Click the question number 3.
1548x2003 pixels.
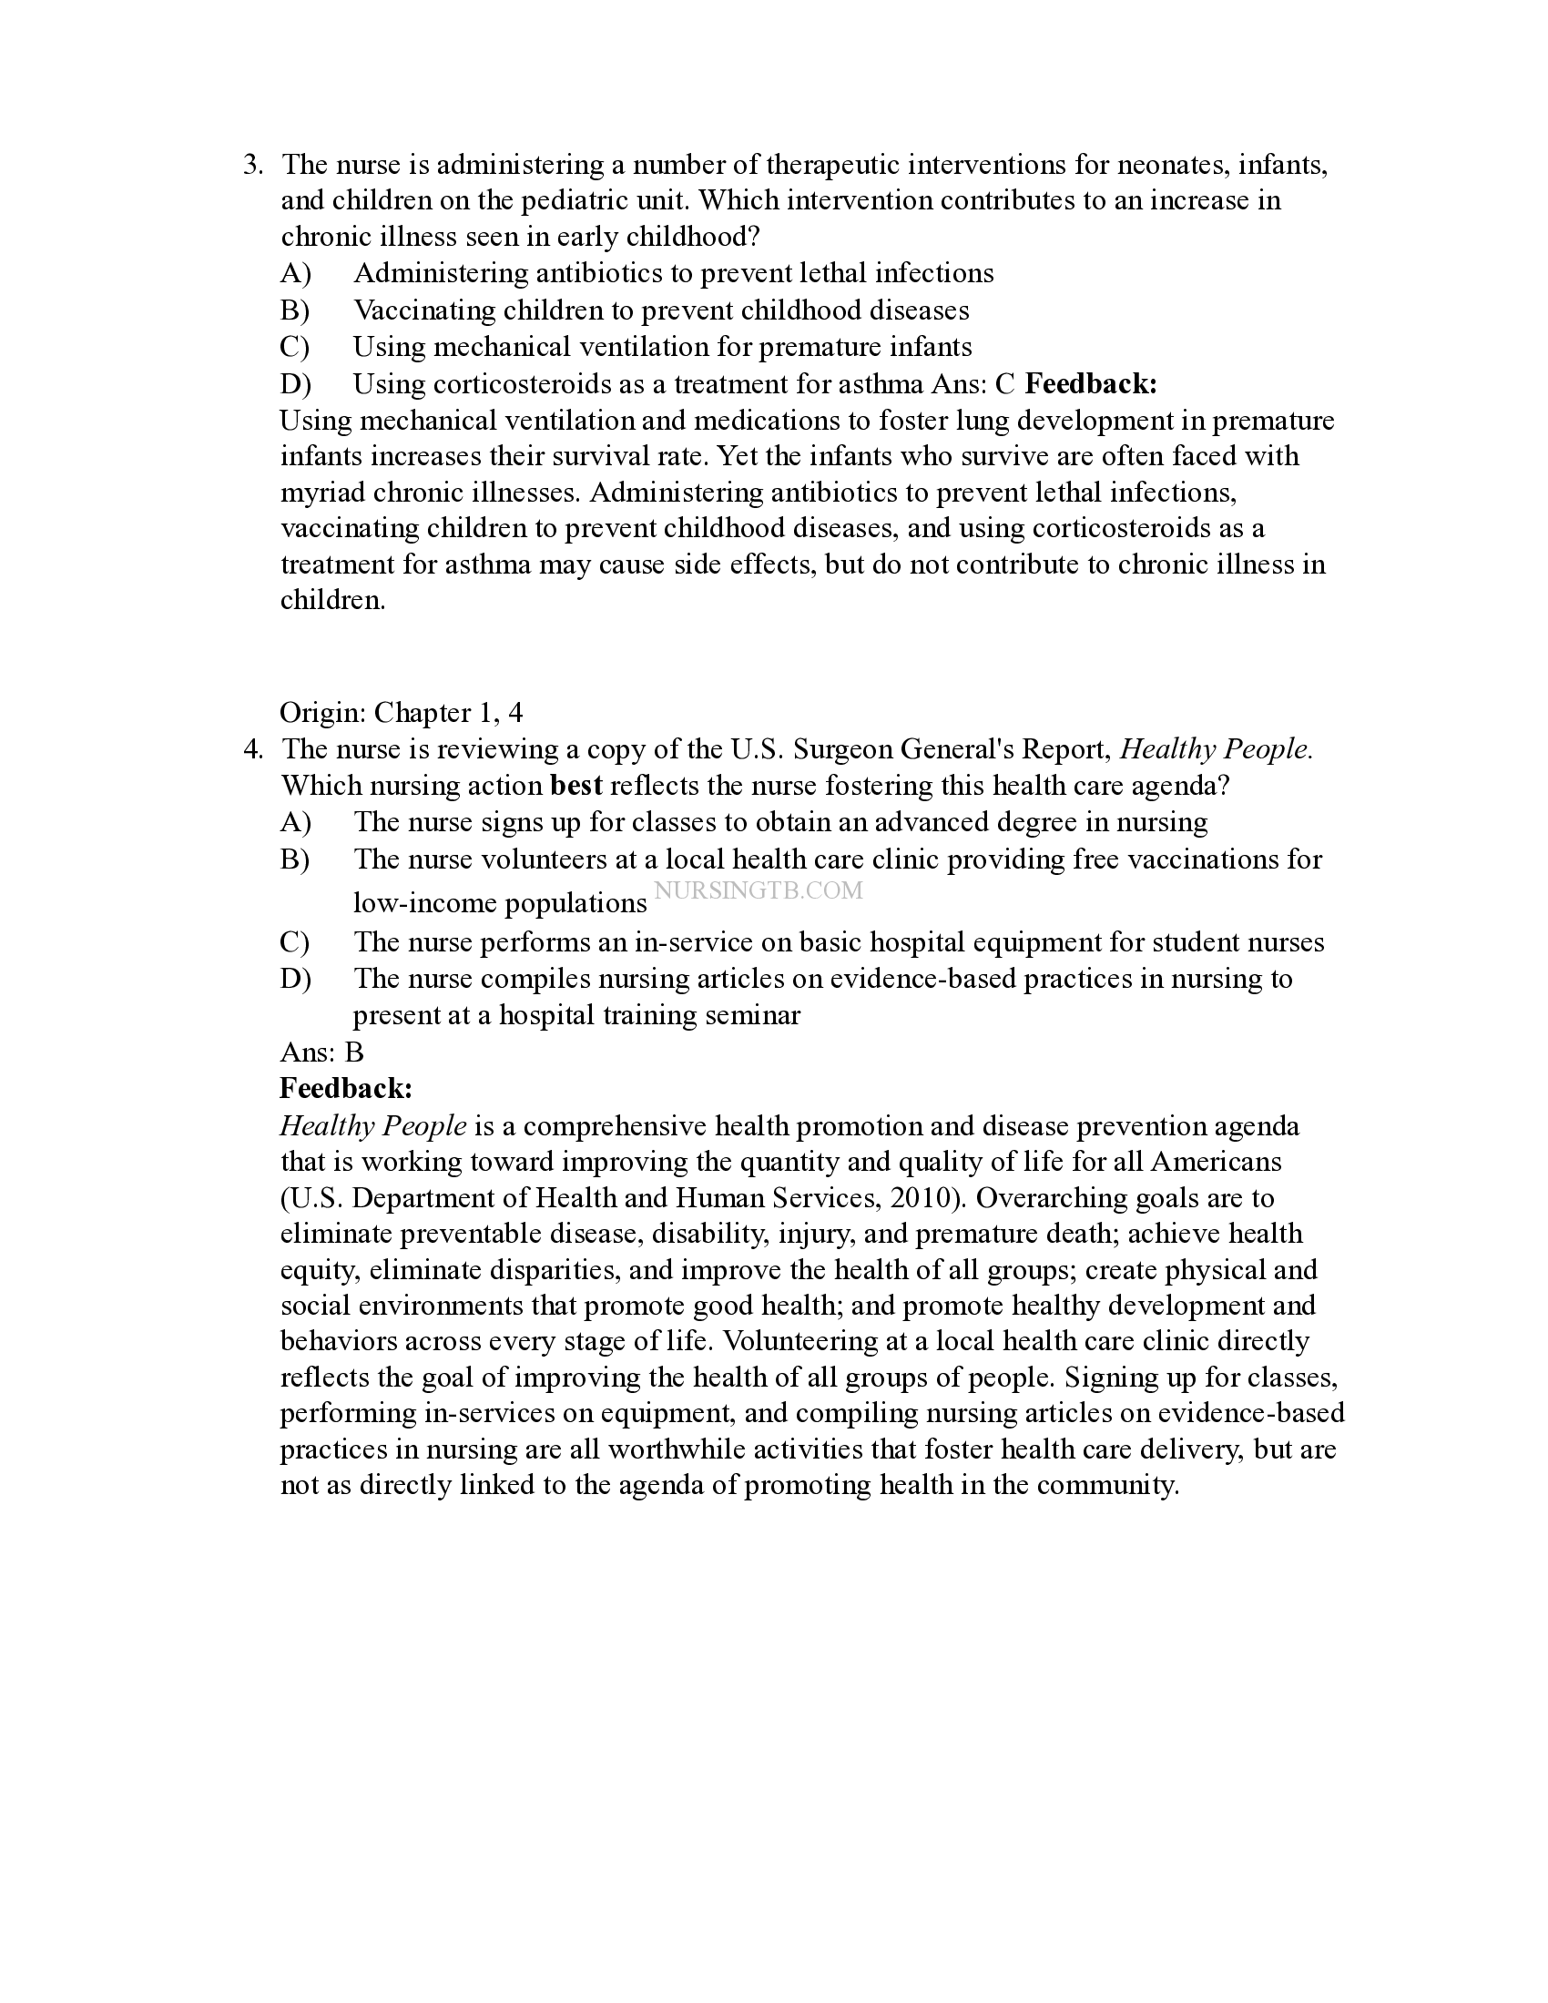(252, 166)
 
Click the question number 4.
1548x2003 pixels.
(252, 750)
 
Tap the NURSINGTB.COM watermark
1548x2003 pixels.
(758, 890)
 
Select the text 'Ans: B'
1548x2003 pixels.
(321, 1052)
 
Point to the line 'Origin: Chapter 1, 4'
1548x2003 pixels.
(401, 713)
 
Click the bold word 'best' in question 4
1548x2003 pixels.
(575, 786)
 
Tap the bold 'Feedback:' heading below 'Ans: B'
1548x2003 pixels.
(346, 1089)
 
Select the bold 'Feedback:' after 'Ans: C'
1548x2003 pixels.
(1090, 384)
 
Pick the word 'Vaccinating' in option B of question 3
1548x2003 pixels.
(424, 310)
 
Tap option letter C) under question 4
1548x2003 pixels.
(294, 943)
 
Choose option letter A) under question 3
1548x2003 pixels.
(295, 273)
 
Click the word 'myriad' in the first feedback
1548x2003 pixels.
(323, 493)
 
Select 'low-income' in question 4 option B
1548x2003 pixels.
(424, 903)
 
